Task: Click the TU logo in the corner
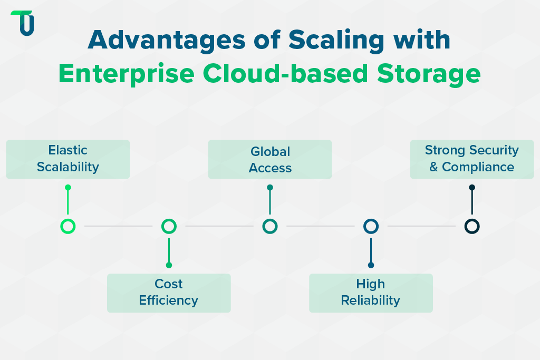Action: coord(23,23)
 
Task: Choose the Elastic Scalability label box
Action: coord(67,159)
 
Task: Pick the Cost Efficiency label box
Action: coord(169,293)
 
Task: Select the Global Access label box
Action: coord(270,159)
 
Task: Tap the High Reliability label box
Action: coord(371,293)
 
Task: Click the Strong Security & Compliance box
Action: coord(471,159)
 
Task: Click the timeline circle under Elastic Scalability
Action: coord(67,227)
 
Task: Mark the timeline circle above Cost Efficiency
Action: coord(169,227)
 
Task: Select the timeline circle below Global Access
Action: coord(270,227)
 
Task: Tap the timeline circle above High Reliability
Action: coord(371,227)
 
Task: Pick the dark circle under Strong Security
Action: coord(471,227)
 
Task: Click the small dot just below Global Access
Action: coord(270,187)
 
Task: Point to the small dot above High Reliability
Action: coord(371,265)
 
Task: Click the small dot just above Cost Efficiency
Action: coord(169,265)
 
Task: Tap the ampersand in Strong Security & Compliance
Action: coord(433,168)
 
